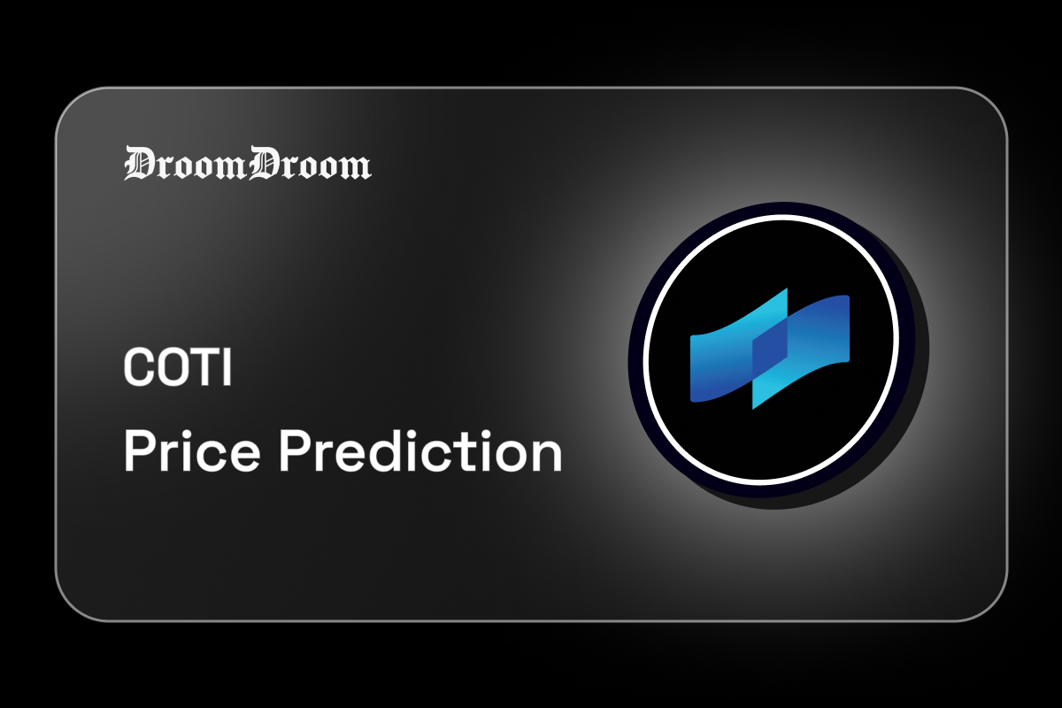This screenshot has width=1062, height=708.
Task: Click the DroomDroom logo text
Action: tap(247, 165)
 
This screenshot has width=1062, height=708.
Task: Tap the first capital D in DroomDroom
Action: tap(139, 165)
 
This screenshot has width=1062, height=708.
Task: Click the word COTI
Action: tap(177, 367)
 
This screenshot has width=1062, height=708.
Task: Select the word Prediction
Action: tap(420, 452)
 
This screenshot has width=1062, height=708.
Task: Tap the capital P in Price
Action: tap(139, 452)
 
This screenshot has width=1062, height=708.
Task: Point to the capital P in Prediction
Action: tap(295, 452)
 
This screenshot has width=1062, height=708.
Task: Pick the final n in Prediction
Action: tap(547, 457)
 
